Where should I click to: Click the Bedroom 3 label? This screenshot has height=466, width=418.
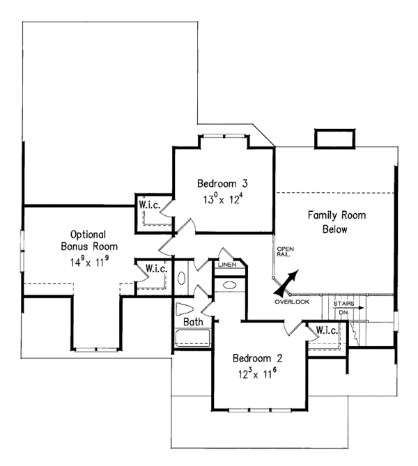[x=222, y=183]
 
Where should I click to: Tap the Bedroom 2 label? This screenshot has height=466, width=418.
[x=258, y=358]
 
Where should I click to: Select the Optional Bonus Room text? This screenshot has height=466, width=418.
[x=89, y=240]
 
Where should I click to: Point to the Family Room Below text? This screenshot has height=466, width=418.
[x=336, y=222]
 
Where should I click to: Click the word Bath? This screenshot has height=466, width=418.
[x=193, y=322]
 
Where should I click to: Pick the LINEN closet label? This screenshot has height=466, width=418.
[x=227, y=265]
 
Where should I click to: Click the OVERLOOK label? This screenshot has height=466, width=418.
[x=292, y=302]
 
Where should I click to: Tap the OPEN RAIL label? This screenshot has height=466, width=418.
[x=285, y=251]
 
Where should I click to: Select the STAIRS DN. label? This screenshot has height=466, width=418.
[x=344, y=308]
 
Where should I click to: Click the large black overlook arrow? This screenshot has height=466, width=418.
[x=286, y=283]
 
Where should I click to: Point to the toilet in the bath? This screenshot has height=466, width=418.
[x=185, y=309]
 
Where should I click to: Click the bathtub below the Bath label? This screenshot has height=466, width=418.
[x=193, y=338]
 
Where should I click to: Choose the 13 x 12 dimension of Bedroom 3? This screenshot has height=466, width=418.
[x=223, y=199]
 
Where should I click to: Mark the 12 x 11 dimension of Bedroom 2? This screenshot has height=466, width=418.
[x=258, y=373]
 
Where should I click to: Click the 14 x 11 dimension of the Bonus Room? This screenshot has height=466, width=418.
[x=89, y=261]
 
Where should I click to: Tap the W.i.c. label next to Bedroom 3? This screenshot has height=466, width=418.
[x=150, y=205]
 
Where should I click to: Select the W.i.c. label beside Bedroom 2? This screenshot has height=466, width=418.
[x=327, y=330]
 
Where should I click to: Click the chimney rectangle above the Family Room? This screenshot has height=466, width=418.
[x=335, y=139]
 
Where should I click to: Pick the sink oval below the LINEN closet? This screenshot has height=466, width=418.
[x=229, y=286]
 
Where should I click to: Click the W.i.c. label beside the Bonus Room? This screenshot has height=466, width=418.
[x=156, y=269]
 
